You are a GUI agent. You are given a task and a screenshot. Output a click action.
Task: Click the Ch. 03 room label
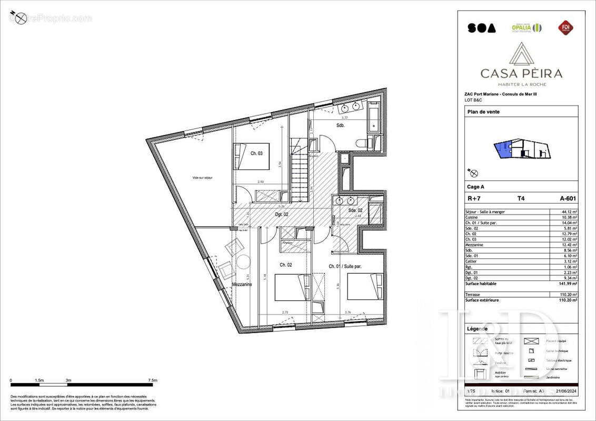pyautogui.click(x=256, y=154)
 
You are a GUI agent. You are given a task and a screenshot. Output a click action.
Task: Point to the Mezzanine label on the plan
pyautogui.click(x=242, y=284)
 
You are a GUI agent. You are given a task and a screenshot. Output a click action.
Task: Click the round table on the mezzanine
pyautogui.click(x=244, y=263)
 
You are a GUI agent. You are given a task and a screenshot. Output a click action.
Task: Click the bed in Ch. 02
pyautogui.click(x=291, y=287)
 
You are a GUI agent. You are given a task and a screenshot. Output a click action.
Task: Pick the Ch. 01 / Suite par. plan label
pyautogui.click(x=345, y=266)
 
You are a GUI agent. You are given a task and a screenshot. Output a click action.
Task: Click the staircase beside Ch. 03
pyautogui.click(x=299, y=168)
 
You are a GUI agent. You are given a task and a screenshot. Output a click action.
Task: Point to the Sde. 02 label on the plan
pyautogui.click(x=356, y=210)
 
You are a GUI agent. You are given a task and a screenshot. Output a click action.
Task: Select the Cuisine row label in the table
pyautogui.click(x=472, y=217)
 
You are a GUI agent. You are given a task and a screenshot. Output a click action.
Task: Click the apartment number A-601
pyautogui.click(x=567, y=199)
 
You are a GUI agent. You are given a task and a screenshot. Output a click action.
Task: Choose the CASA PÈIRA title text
pyautogui.click(x=521, y=74)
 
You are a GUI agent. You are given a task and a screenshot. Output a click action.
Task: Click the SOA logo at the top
pyautogui.click(x=481, y=28)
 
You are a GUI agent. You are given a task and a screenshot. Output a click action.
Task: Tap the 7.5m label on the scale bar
pyautogui.click(x=152, y=380)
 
